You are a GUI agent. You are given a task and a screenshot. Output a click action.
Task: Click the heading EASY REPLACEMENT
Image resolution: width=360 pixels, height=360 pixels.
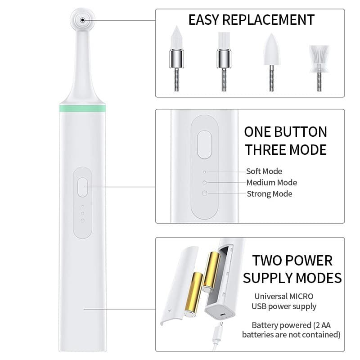251,20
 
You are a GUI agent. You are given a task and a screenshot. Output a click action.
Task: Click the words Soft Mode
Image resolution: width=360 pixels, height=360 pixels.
264,171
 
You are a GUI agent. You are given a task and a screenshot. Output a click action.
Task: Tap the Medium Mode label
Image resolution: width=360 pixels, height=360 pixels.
271,183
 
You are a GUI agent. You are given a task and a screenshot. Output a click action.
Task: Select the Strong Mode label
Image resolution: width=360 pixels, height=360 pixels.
269,194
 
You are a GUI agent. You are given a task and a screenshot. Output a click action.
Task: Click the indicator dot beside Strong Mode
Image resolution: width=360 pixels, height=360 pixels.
205,193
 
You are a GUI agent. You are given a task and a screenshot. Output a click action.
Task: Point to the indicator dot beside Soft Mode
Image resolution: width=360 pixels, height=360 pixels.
205,172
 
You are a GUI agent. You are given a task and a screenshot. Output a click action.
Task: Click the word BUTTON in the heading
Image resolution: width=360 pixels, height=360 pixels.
299,132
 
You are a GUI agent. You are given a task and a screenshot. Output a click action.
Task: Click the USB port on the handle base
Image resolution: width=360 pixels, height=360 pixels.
222,313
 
